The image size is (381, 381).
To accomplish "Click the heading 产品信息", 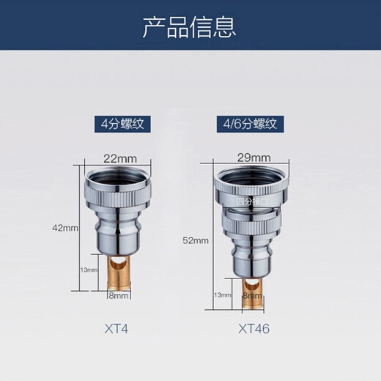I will pos(190,28).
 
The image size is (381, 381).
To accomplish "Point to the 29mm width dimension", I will pos(254,157).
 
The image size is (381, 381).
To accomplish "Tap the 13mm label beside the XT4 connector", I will pos(89,270).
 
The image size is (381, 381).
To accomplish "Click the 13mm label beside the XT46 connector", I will pos(221,295).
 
